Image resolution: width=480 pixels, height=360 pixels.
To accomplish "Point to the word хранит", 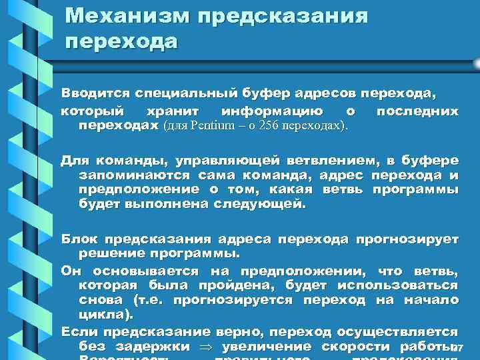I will [x=163, y=111].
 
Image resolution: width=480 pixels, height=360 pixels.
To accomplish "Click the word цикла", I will [x=105, y=315].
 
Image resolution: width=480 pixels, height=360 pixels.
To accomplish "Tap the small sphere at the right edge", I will [x=476, y=63].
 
